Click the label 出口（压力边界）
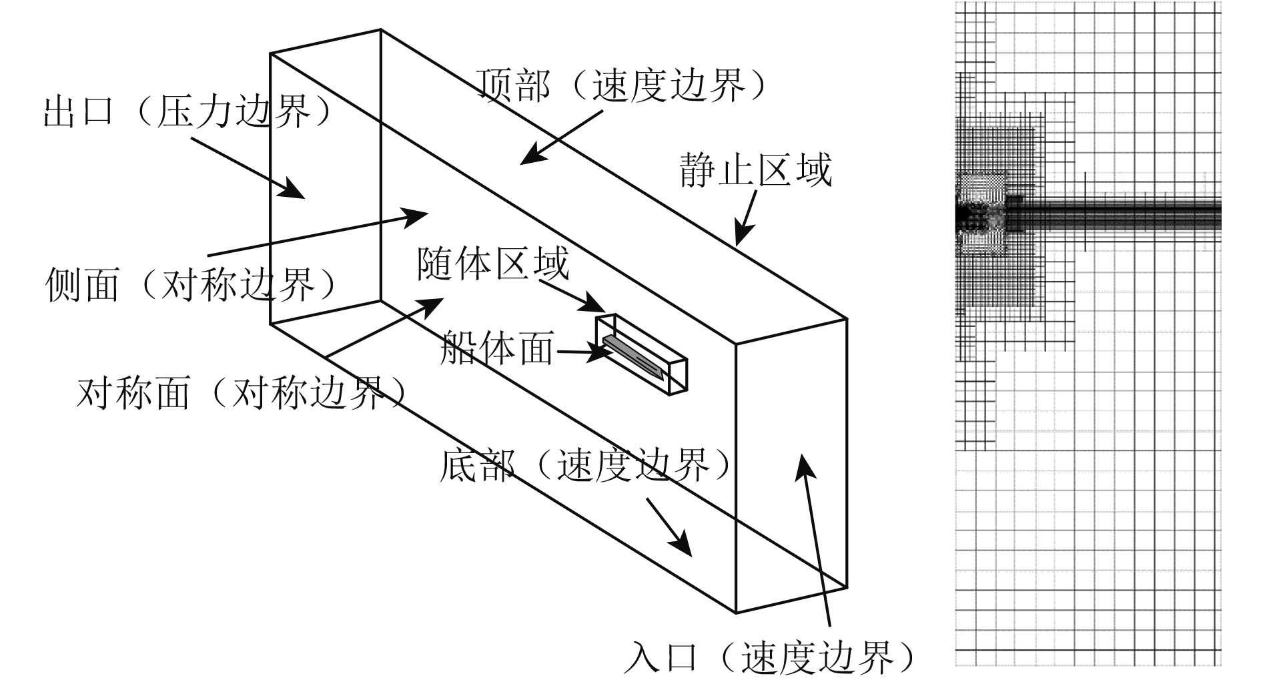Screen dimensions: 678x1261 tap(187, 112)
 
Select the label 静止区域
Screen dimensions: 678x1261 tap(756, 170)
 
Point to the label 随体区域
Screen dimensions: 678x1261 tap(493, 264)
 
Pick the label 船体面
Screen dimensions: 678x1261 tap(497, 348)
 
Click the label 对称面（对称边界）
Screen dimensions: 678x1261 tap(242, 392)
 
